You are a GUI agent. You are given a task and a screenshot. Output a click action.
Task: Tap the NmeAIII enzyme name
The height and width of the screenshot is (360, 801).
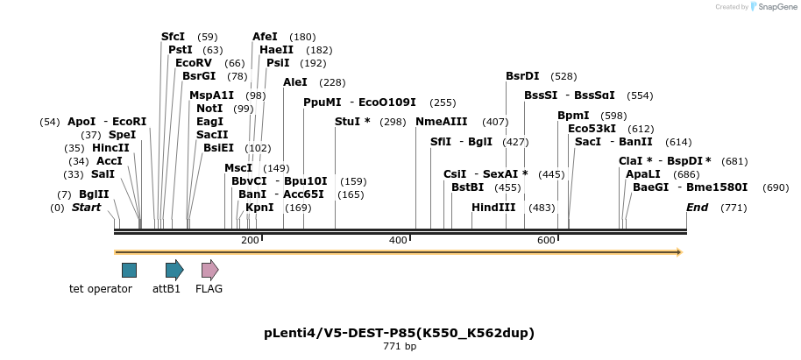(442, 122)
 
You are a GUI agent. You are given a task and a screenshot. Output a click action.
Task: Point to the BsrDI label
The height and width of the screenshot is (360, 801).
(522, 76)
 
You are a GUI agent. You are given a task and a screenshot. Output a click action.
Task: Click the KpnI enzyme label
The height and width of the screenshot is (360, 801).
(259, 208)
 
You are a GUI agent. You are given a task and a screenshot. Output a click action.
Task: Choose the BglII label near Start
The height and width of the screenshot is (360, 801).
(95, 194)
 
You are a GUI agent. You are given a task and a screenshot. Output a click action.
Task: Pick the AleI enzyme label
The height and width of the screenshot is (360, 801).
(295, 82)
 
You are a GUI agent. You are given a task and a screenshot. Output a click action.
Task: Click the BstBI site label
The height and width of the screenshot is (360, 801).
(467, 187)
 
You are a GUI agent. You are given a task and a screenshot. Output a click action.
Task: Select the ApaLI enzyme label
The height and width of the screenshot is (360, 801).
(643, 173)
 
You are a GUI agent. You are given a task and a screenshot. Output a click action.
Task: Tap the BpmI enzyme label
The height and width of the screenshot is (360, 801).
(573, 116)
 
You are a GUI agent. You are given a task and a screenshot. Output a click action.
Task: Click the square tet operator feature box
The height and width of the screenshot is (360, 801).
(129, 270)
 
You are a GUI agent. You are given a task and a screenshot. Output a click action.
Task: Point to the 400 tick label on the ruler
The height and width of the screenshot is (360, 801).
(399, 240)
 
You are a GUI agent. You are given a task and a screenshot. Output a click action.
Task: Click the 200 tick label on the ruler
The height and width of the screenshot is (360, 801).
(250, 240)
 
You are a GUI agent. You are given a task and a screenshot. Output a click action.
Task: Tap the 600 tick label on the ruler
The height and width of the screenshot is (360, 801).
(547, 240)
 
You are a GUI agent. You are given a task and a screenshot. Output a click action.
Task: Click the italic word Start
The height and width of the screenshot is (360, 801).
(86, 208)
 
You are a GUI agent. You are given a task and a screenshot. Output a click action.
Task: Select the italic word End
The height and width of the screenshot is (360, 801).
(698, 208)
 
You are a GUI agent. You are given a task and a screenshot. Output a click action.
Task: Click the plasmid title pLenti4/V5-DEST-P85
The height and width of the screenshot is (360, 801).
(399, 333)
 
